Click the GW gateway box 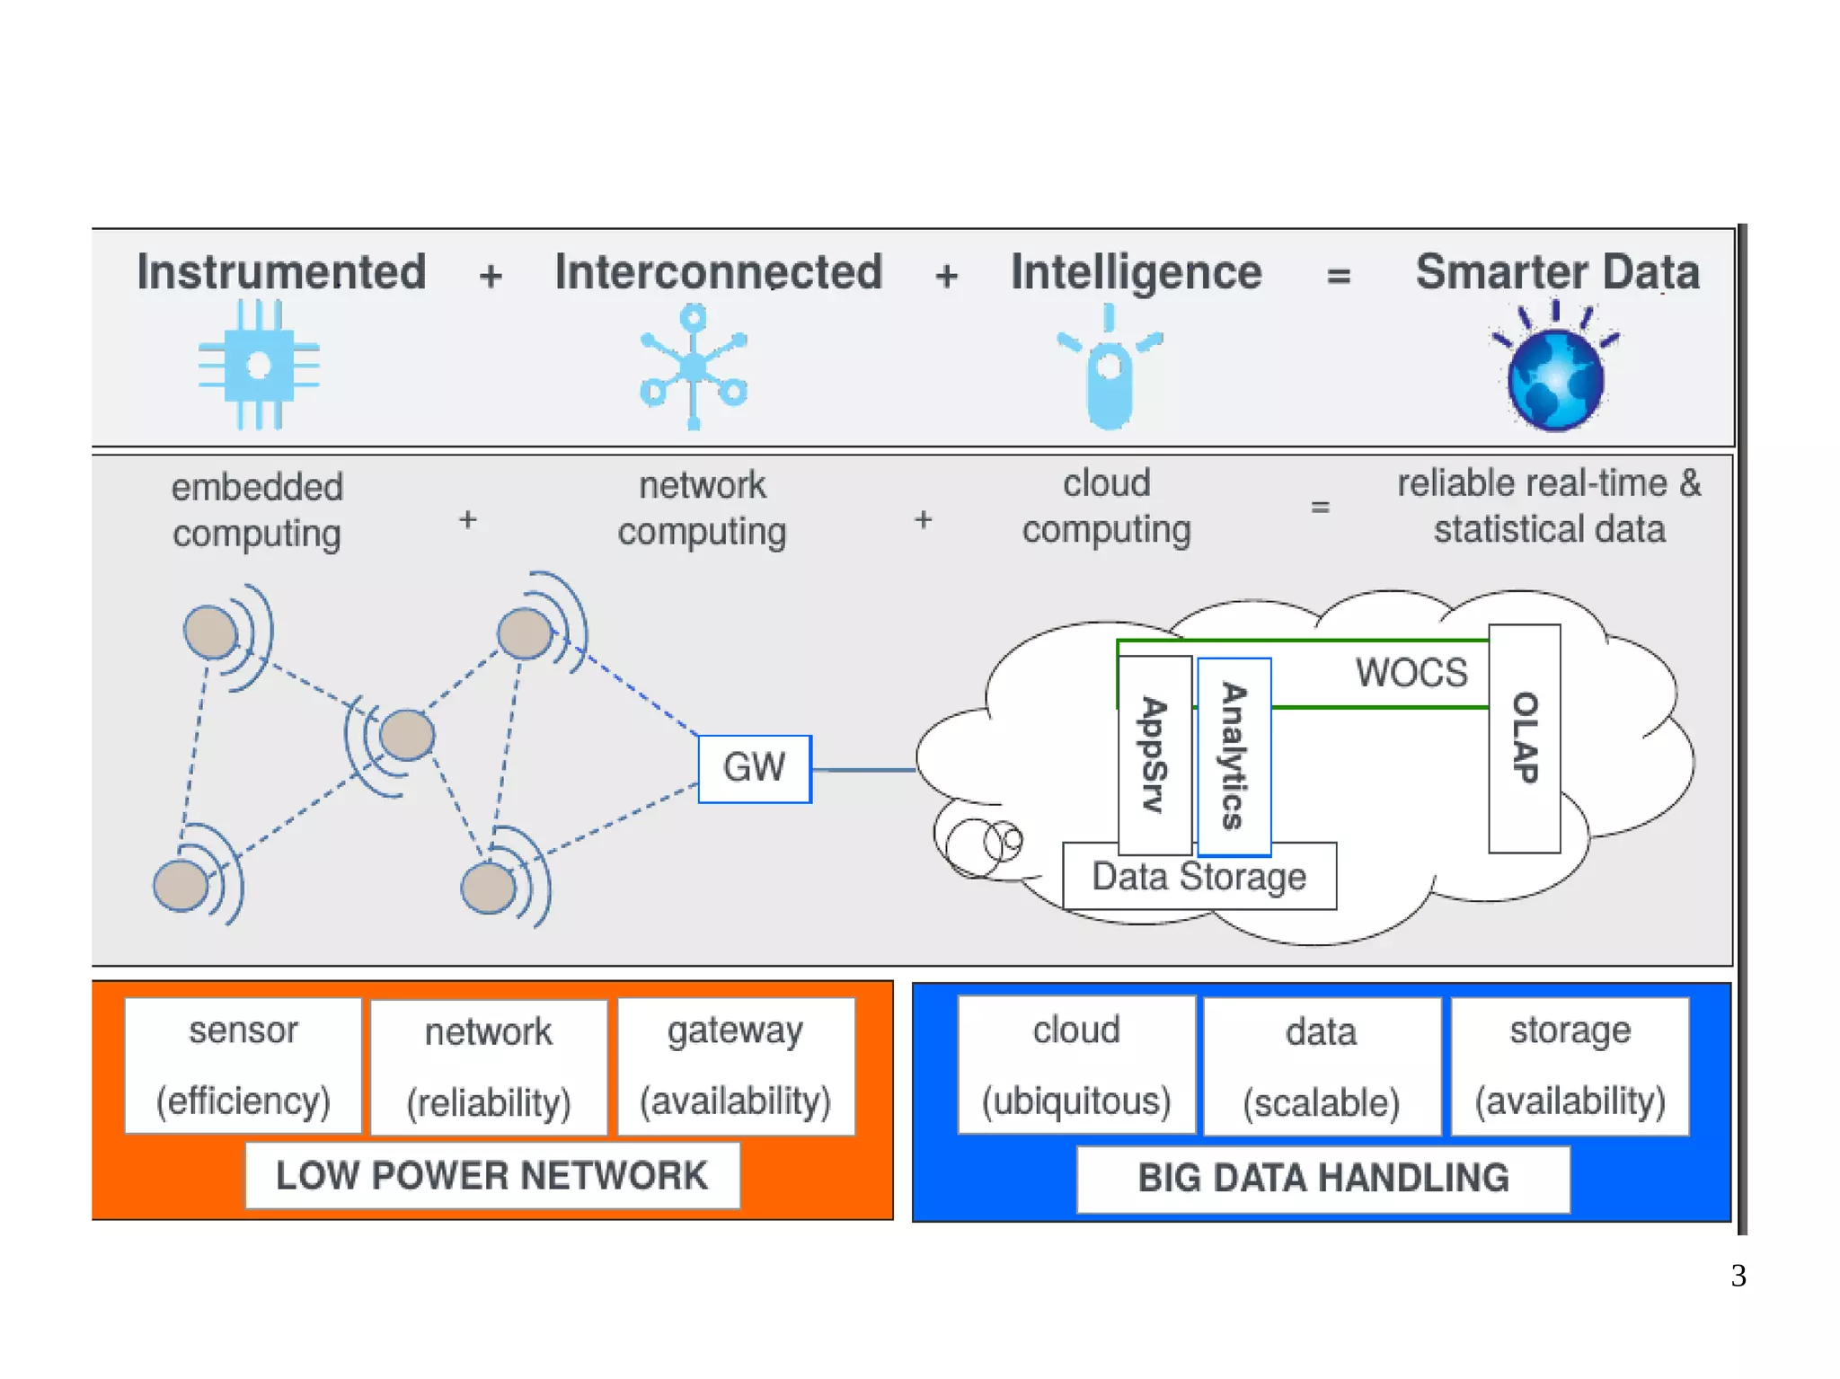point(755,768)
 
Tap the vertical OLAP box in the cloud point(1524,738)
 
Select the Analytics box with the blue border point(1234,756)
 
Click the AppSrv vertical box point(1154,755)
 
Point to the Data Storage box point(1199,876)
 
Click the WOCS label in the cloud point(1411,672)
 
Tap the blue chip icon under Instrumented point(259,365)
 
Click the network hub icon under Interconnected point(693,367)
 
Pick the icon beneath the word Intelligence point(1110,368)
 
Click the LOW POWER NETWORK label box point(491,1175)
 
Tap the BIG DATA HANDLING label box point(1322,1178)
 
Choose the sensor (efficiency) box point(243,1065)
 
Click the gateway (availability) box point(736,1065)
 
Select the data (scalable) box point(1322,1066)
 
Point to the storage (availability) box point(1570,1065)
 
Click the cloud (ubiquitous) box point(1076,1065)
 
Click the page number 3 point(1738,1275)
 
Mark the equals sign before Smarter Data point(1339,275)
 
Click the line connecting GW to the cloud point(863,770)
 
